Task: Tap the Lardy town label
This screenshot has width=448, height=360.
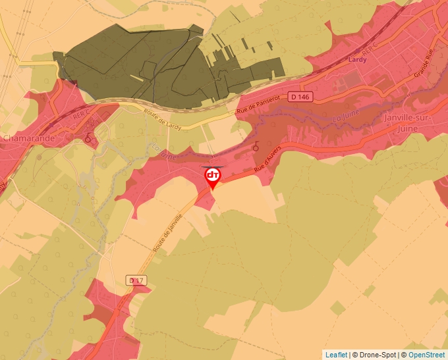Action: click(x=356, y=60)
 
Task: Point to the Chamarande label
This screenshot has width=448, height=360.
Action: click(x=28, y=138)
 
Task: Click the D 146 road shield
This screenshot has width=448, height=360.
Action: click(x=318, y=97)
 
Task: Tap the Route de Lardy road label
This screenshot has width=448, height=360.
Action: click(x=163, y=116)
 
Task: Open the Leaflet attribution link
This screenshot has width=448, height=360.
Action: click(x=336, y=355)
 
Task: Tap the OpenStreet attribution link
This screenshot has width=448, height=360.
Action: click(x=427, y=355)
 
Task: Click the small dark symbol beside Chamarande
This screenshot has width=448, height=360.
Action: click(x=88, y=139)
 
